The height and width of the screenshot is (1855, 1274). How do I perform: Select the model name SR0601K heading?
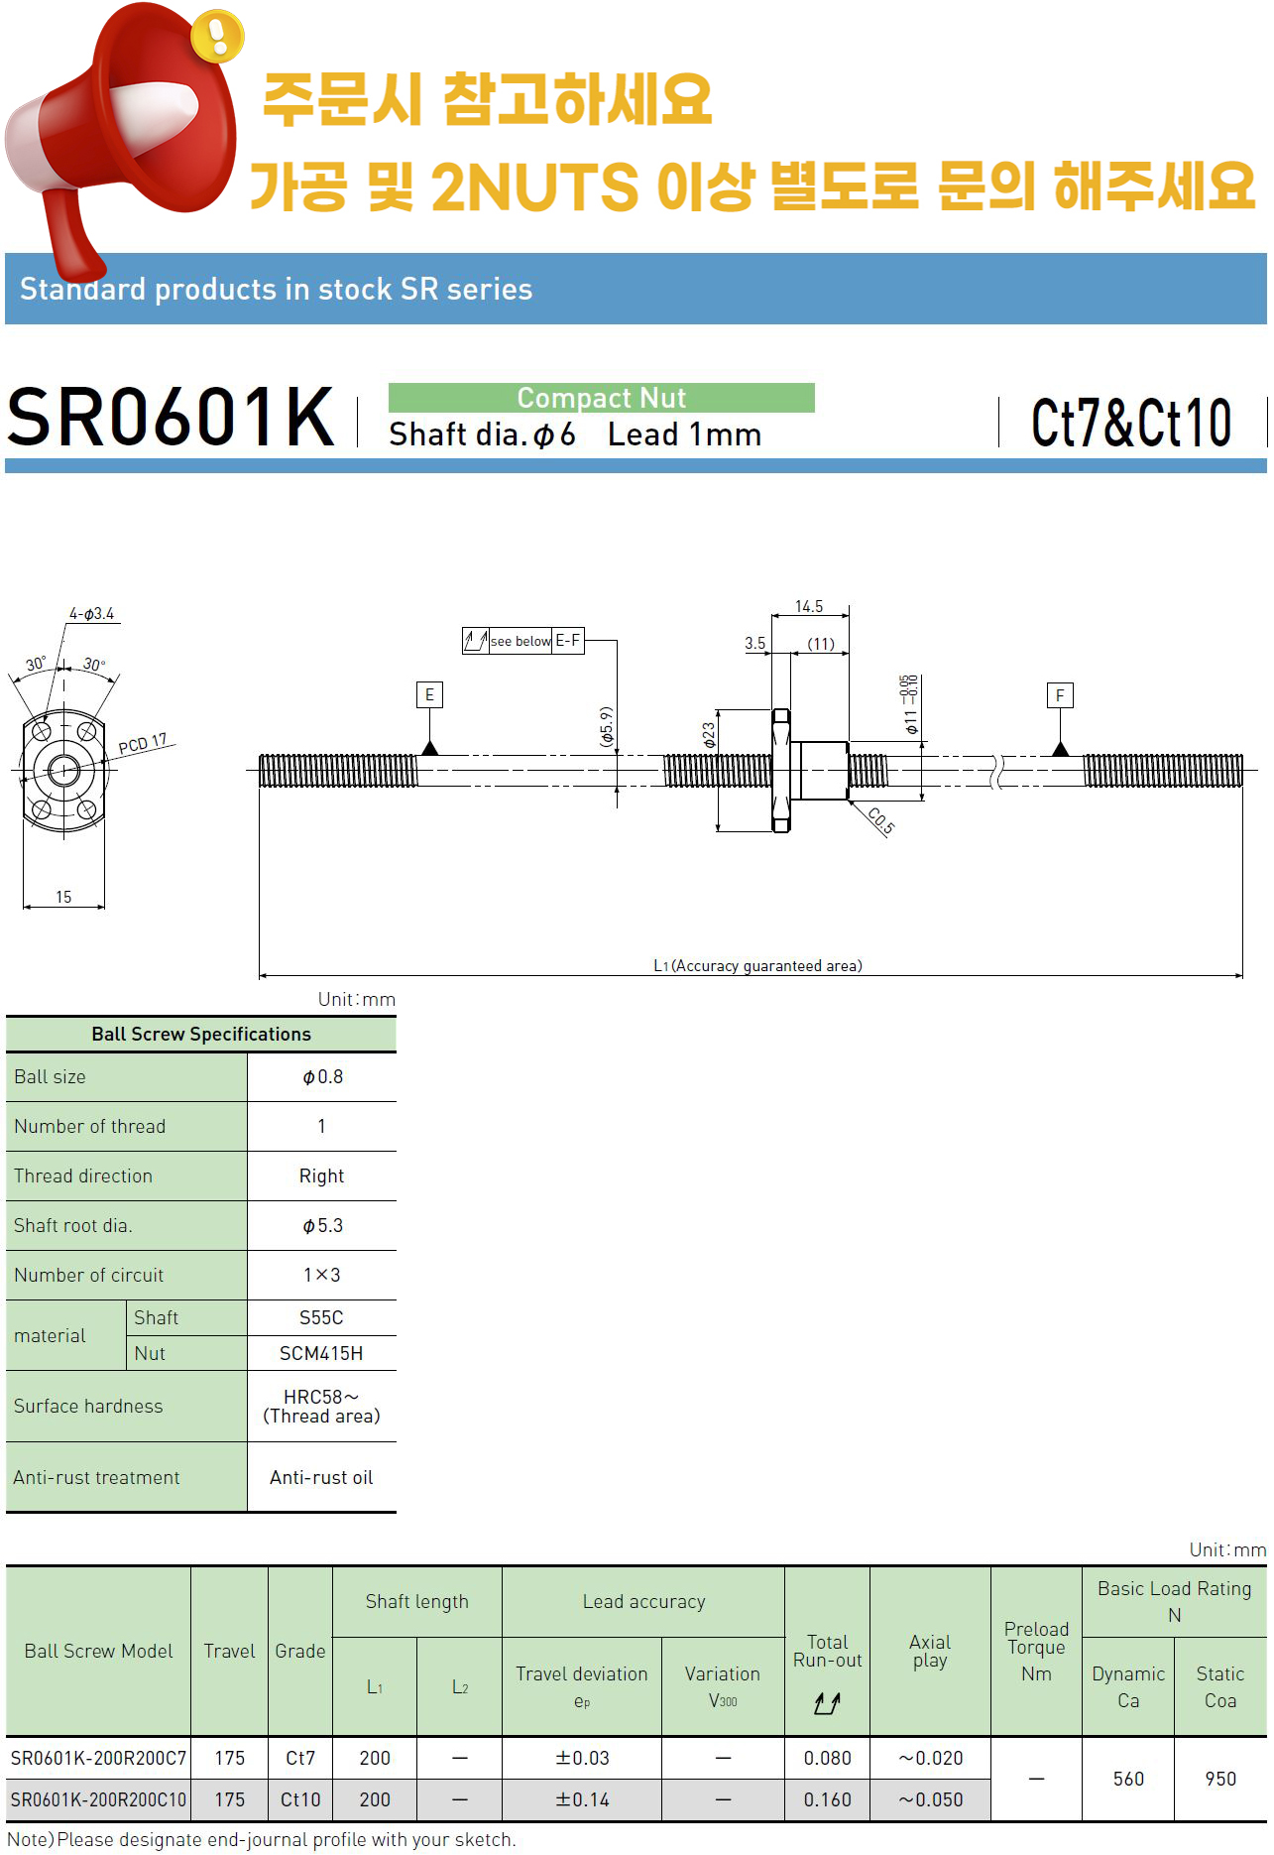[171, 417]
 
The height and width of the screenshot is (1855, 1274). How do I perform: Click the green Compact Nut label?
[601, 398]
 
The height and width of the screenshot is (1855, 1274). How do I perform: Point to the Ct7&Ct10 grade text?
[1131, 423]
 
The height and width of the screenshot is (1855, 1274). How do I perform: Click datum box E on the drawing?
[429, 694]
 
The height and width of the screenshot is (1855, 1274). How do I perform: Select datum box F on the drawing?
[1060, 695]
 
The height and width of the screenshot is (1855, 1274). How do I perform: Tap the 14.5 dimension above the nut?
[809, 606]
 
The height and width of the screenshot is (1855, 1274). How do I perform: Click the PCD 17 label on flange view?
[143, 744]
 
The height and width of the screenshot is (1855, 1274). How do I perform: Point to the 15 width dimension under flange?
[63, 897]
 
